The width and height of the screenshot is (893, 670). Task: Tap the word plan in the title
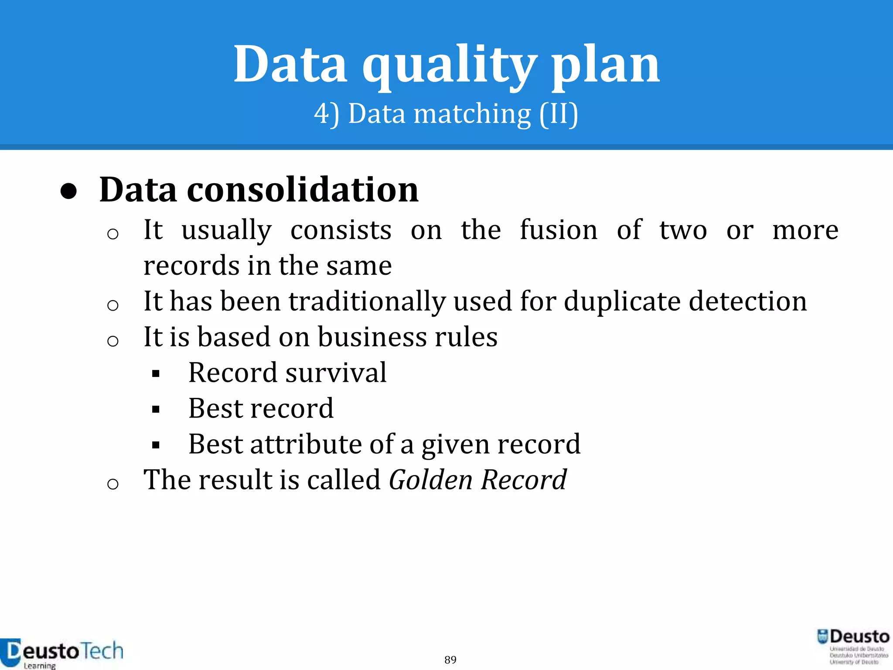click(x=606, y=65)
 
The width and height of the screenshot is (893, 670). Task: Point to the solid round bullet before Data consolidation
click(x=69, y=191)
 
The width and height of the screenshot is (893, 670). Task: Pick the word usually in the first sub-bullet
click(x=227, y=230)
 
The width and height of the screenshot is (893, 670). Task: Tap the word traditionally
click(x=367, y=301)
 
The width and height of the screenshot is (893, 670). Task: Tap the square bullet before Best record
click(x=156, y=410)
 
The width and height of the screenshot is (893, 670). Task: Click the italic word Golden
click(x=430, y=480)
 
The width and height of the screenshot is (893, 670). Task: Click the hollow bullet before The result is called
click(x=112, y=484)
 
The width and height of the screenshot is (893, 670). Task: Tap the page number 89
click(x=450, y=660)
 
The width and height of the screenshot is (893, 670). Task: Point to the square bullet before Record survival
click(x=156, y=374)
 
